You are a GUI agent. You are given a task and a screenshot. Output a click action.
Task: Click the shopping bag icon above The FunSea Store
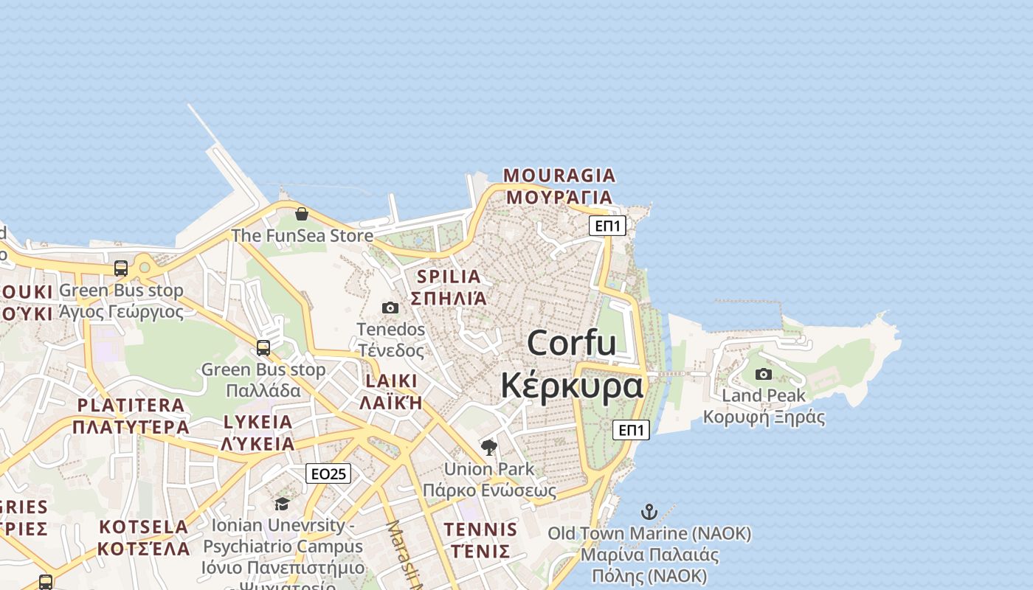[302, 214]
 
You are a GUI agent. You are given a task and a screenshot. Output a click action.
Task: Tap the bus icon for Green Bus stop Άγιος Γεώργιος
[121, 268]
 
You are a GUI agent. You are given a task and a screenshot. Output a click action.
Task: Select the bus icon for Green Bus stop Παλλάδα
[263, 347]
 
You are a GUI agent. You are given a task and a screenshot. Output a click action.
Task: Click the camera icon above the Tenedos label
[390, 308]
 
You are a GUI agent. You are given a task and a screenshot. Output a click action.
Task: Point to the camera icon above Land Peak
[764, 374]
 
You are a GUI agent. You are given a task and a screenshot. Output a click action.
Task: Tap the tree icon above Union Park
[488, 447]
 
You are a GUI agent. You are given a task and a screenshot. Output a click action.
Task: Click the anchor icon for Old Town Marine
[649, 511]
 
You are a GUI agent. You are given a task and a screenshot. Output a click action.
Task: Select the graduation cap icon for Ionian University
[282, 504]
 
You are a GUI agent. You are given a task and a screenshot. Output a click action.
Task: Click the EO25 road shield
[328, 473]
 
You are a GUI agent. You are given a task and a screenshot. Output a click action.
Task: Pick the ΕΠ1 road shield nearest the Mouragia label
[607, 226]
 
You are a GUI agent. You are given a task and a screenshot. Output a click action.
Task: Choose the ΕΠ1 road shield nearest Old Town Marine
[631, 430]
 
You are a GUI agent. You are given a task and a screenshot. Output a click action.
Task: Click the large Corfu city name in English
[572, 343]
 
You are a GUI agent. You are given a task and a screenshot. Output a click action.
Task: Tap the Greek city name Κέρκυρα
[572, 386]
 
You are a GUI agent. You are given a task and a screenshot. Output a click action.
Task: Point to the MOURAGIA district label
[559, 176]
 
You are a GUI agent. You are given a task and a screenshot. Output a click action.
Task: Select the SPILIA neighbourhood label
[449, 277]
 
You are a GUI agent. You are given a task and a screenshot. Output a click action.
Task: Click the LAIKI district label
[391, 381]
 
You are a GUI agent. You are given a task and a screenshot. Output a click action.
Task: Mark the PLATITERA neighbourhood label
[131, 405]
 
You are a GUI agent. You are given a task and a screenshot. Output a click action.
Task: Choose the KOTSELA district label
[144, 527]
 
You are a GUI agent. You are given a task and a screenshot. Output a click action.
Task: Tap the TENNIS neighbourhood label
[480, 529]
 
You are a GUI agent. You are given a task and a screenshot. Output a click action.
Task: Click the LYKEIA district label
[258, 422]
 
